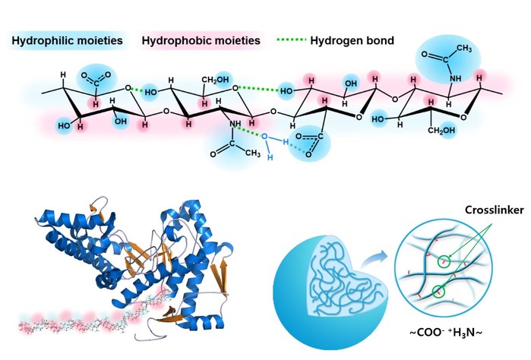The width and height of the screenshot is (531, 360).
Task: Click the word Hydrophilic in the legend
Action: (41, 40)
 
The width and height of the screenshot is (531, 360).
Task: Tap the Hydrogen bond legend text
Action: (353, 40)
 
